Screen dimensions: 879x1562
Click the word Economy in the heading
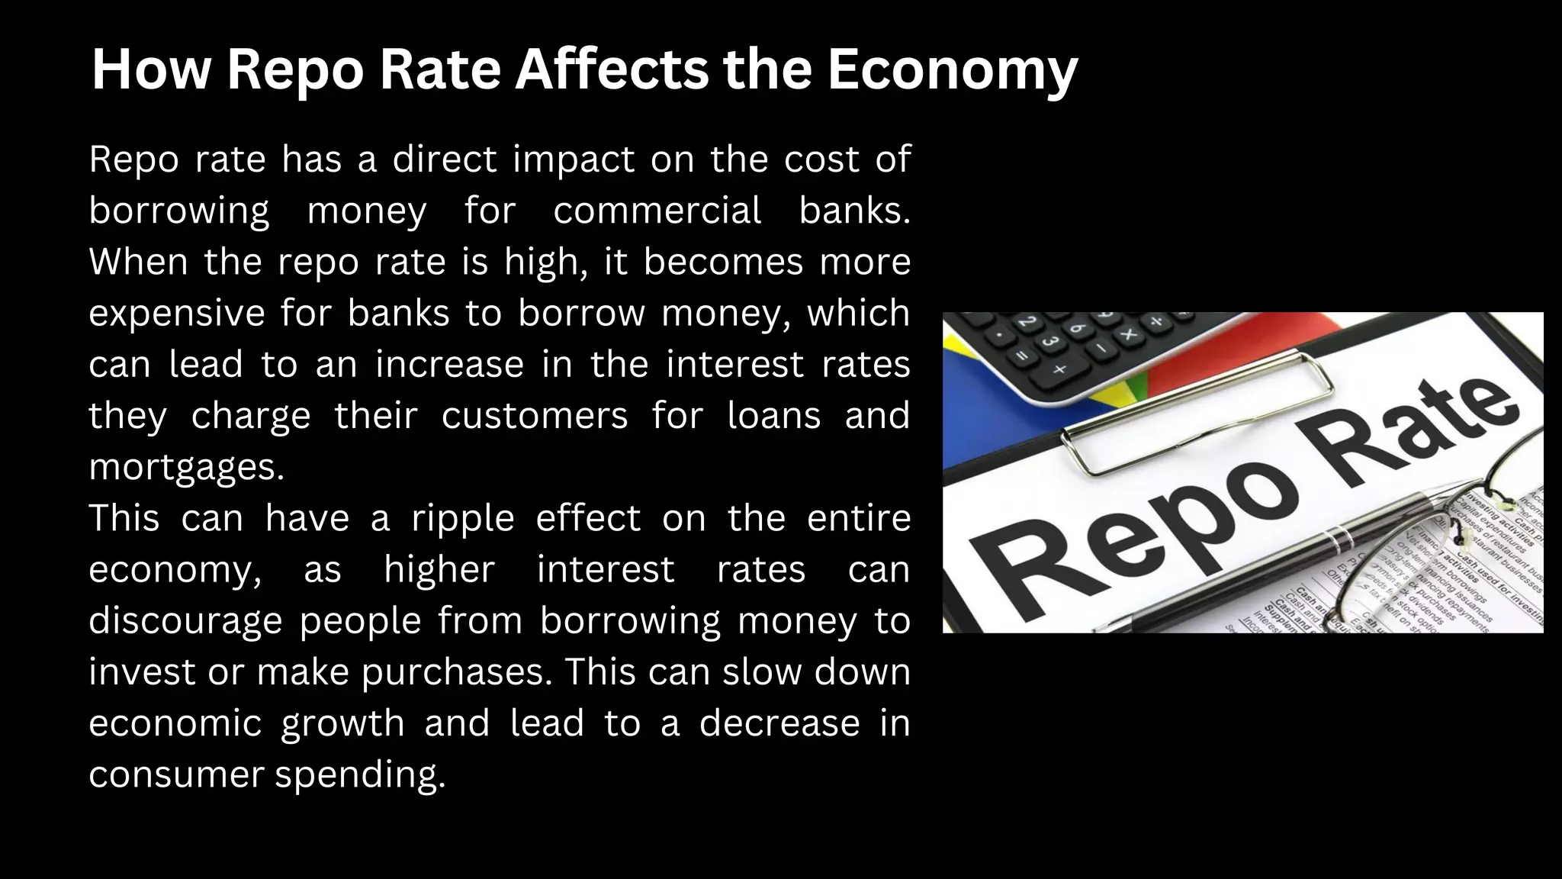(x=952, y=70)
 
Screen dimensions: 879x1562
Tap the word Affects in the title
(x=612, y=70)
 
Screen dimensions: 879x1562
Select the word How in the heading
(x=150, y=70)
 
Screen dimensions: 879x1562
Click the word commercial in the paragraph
(x=657, y=211)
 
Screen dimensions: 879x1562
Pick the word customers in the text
(x=534, y=416)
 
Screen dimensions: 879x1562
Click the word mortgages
(x=186, y=467)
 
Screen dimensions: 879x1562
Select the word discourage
(x=185, y=620)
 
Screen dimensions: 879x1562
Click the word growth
(x=342, y=723)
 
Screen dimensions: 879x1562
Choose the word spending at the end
(x=359, y=774)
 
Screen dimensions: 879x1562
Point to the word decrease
(x=779, y=723)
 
